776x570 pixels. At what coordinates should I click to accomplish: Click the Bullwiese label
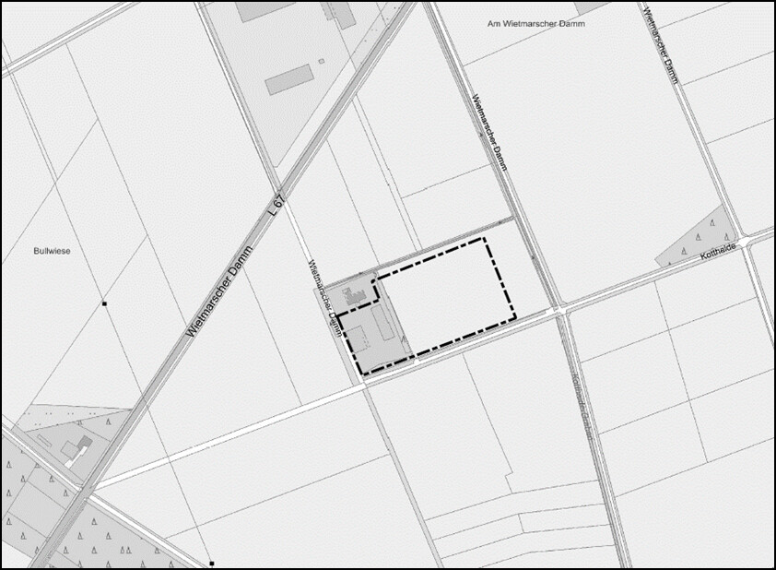pyautogui.click(x=52, y=250)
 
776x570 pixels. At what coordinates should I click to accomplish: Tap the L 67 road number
pyautogui.click(x=276, y=204)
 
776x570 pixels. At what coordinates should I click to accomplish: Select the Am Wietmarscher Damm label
pyautogui.click(x=536, y=23)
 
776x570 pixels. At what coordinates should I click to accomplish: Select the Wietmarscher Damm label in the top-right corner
pyautogui.click(x=663, y=46)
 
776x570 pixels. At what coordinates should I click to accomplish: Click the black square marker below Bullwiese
pyautogui.click(x=105, y=303)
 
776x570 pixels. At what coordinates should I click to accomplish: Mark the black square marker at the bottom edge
pyautogui.click(x=211, y=563)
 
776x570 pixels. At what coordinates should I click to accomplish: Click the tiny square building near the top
pyautogui.click(x=321, y=62)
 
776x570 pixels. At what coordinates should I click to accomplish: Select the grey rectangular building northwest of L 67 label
pyautogui.click(x=290, y=79)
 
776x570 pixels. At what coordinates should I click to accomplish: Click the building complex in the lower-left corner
pyautogui.click(x=76, y=449)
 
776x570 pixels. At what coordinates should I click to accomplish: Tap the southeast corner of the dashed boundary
pyautogui.click(x=514, y=316)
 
